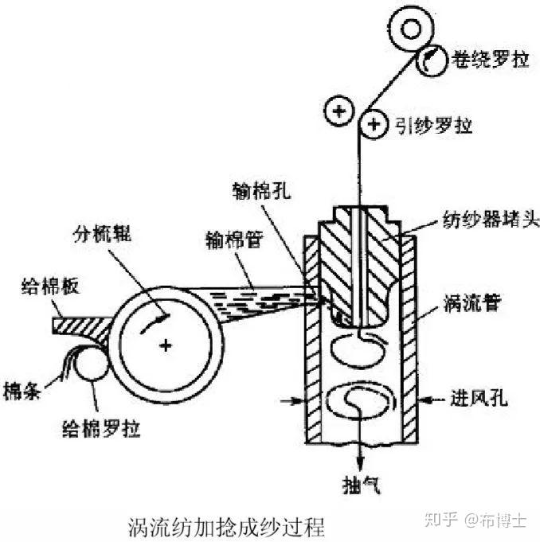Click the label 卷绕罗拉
490,60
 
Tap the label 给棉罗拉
103,430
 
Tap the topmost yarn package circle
412,30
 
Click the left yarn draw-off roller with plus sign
340,111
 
